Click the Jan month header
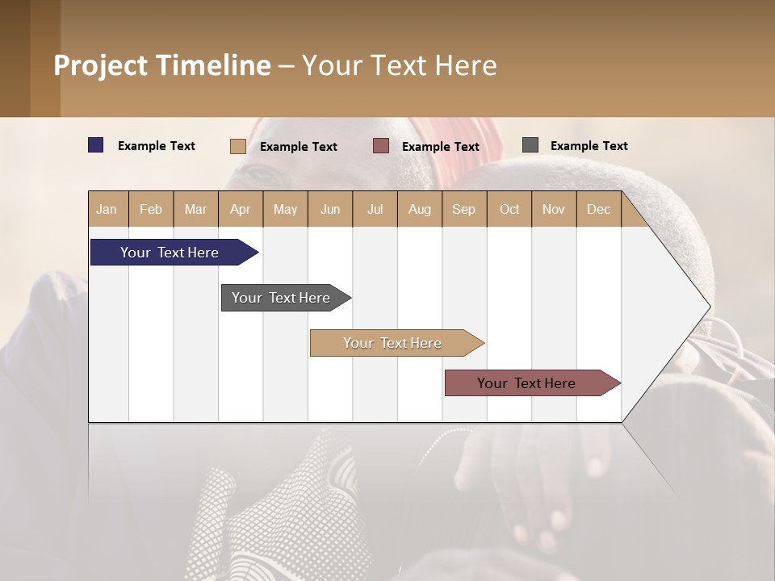(107, 209)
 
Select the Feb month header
(151, 209)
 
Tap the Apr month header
(241, 209)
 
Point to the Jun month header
(330, 209)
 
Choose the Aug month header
(420, 209)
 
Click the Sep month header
(464, 209)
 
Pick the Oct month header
(509, 209)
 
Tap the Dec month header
(599, 209)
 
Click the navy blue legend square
(96, 145)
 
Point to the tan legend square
(238, 146)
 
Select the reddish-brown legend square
(381, 146)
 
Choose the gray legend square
(530, 145)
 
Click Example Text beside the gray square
(589, 146)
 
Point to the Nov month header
(554, 209)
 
